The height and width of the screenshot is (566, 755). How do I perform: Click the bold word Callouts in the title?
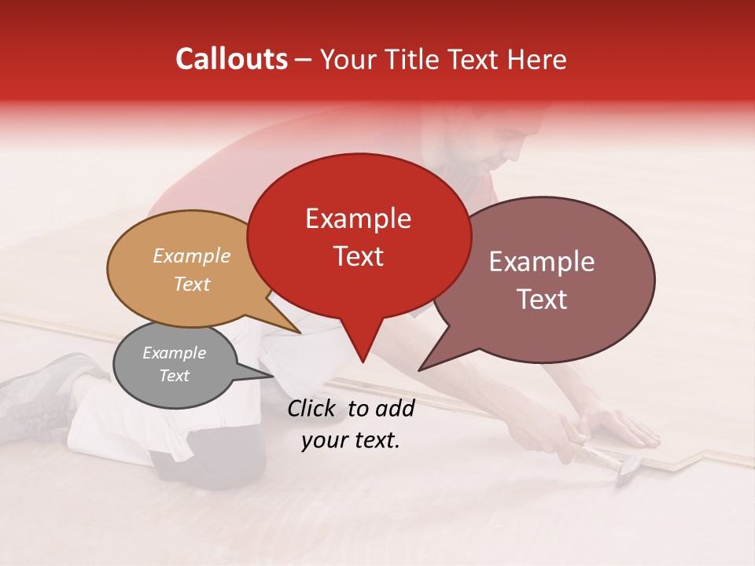[x=231, y=59]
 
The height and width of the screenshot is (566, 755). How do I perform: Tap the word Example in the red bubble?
[x=358, y=219]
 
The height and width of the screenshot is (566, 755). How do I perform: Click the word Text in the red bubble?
[x=358, y=256]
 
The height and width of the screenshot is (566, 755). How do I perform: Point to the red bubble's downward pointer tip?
[x=363, y=362]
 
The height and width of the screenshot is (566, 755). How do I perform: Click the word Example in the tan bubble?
[x=191, y=256]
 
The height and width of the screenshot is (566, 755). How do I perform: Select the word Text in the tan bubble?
[x=191, y=284]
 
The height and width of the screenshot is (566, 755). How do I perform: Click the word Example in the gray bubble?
[x=174, y=353]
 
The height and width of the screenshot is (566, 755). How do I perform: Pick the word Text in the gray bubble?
[x=174, y=376]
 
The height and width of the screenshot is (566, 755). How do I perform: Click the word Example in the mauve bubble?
[x=542, y=262]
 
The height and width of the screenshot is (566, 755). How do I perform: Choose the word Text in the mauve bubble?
[x=542, y=300]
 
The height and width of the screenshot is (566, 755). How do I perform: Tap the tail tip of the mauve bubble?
[x=419, y=369]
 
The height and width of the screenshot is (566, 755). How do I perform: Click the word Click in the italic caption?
[x=314, y=408]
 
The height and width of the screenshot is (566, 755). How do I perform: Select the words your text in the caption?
[x=351, y=440]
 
